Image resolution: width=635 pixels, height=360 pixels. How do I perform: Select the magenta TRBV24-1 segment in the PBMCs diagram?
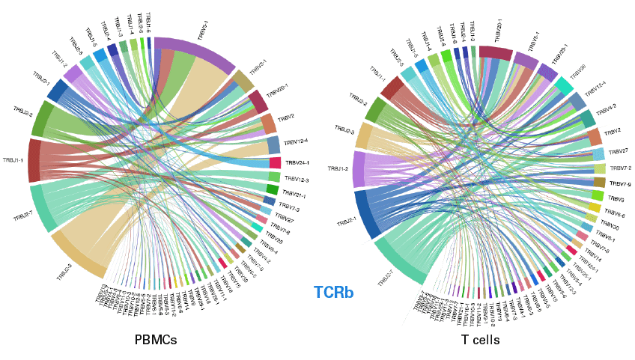coord(275,162)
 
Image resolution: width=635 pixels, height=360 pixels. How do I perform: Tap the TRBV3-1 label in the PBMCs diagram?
coord(259,67)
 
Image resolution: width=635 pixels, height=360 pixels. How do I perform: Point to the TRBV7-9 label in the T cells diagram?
coord(621,183)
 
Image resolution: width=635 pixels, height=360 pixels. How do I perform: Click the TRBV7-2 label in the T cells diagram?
coord(622,168)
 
